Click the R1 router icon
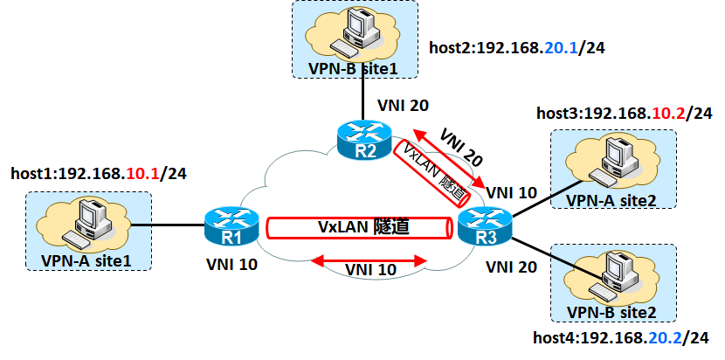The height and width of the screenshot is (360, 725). [x=231, y=225]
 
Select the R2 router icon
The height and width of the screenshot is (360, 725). [x=364, y=139]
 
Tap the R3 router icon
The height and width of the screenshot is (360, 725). [x=485, y=226]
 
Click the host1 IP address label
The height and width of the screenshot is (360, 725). [x=99, y=174]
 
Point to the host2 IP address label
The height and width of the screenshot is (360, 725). [x=517, y=48]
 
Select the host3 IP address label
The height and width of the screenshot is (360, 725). [x=625, y=114]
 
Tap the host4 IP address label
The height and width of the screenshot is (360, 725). [x=620, y=338]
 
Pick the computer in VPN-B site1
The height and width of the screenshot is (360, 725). [x=356, y=31]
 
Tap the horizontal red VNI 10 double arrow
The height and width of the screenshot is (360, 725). [x=369, y=261]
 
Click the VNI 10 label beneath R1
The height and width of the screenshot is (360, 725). [x=231, y=264]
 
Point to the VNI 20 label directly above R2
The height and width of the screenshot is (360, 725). [x=404, y=106]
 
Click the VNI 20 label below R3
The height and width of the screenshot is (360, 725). [x=512, y=267]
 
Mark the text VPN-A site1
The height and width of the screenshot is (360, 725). [x=86, y=261]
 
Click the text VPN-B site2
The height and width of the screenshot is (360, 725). [x=611, y=313]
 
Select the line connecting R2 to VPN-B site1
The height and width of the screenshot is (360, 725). [x=363, y=99]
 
